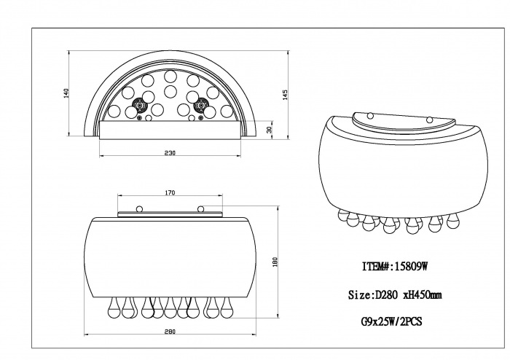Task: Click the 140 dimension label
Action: pyautogui.click(x=67, y=93)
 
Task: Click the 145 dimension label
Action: pyautogui.click(x=286, y=95)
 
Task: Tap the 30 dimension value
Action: pyautogui.click(x=269, y=130)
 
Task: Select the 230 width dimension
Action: pyautogui.click(x=170, y=153)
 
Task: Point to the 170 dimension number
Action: pyautogui.click(x=170, y=193)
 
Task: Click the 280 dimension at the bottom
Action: pyautogui.click(x=170, y=332)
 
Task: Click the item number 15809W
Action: pyautogui.click(x=410, y=267)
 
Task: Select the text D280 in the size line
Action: pyautogui.click(x=386, y=295)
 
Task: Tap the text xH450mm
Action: pyautogui.click(x=423, y=295)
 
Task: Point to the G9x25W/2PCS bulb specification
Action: pyautogui.click(x=392, y=321)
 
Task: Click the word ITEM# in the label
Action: pyautogui.click(x=376, y=267)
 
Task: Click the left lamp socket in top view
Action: pyautogui.click(x=140, y=106)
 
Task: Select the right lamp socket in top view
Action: pyautogui.click(x=200, y=106)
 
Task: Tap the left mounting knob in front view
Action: pyautogui.click(x=139, y=208)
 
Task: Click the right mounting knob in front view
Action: pyautogui.click(x=200, y=208)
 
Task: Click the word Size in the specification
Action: pyautogui.click(x=359, y=295)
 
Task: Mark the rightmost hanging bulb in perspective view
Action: pyautogui.click(x=455, y=221)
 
